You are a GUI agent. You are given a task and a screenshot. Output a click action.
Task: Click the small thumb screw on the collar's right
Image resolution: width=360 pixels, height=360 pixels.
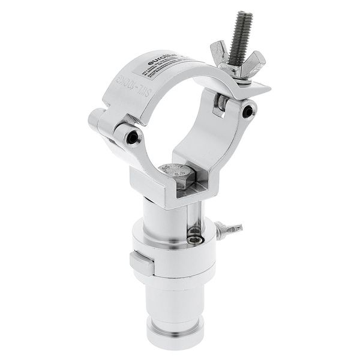pos(230,230)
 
